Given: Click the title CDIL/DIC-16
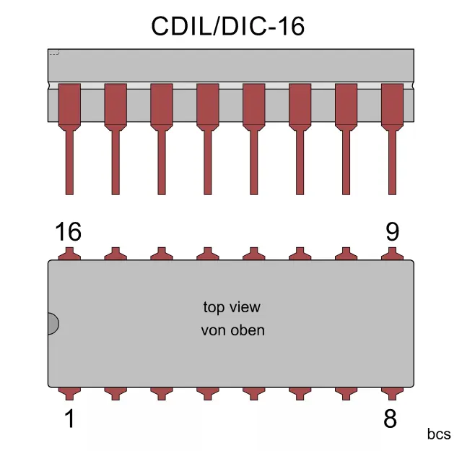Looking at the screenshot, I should [227, 27].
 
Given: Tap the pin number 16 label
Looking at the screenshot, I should [68, 232].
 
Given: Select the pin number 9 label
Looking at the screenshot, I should [392, 232].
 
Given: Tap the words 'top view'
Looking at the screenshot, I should [232, 307].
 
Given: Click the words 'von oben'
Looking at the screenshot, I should [232, 330].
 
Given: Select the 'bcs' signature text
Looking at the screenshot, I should [439, 434].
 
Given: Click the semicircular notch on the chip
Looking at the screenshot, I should [53, 323].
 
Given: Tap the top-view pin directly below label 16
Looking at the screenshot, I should [69, 254].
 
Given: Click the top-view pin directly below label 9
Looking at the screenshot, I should [391, 254].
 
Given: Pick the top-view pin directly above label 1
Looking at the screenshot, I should [69, 392].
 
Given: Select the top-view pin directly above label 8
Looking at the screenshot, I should [391, 392].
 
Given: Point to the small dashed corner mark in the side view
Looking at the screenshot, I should [53, 52].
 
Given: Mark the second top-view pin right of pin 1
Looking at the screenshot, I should [162, 392].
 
